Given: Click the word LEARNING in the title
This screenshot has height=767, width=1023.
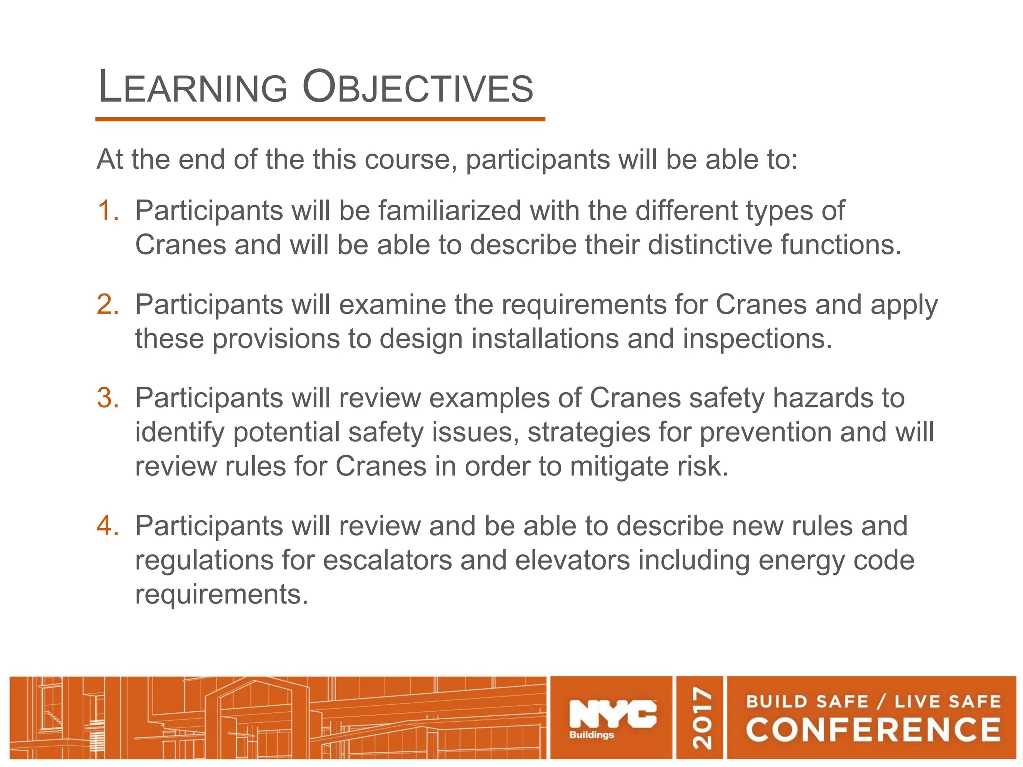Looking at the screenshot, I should coord(193,88).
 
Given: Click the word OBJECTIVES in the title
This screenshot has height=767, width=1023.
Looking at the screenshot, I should coord(419,88).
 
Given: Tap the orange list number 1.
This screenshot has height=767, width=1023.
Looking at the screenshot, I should coord(108,210).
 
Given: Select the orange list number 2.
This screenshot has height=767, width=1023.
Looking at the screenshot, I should coord(108,304).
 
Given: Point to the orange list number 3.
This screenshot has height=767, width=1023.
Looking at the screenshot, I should coord(108,398).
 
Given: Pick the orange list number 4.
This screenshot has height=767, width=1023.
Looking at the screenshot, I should coord(108,526).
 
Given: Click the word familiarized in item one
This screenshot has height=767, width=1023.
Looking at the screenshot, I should coord(450,210).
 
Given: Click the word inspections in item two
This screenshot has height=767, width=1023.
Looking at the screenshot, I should coord(757,339).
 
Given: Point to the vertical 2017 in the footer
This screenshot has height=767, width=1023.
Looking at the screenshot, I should coord(702,718).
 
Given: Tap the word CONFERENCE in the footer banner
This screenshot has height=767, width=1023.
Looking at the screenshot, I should coord(873,730).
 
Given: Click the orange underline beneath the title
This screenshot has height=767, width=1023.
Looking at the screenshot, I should coord(320,120).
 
